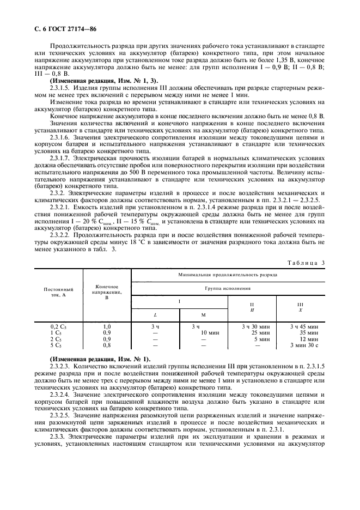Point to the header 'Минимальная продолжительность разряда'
[228, 275]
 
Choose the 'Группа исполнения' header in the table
[228, 287]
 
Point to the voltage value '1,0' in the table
[107, 326]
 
